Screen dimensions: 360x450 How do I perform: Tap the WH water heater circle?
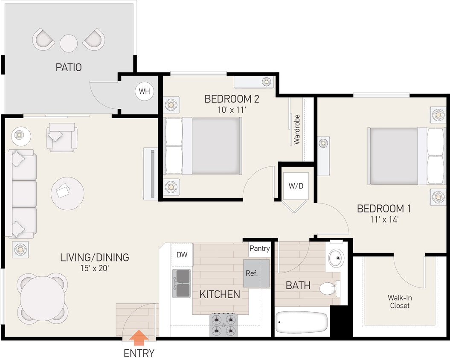coord(144,91)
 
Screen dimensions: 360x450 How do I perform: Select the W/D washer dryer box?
coord(296,186)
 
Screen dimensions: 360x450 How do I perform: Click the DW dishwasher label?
coord(182,255)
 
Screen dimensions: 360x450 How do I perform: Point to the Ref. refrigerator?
coord(256,273)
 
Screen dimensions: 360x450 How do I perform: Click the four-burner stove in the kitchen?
coord(224,325)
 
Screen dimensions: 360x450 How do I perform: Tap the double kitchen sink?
coord(182,284)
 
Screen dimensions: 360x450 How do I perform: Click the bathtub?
coord(302,323)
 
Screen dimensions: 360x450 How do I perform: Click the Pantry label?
coord(259,249)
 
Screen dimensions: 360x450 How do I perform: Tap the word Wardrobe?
coord(297,129)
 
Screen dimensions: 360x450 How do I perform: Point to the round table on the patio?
coord(69,43)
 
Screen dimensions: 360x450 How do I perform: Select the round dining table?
coord(43,297)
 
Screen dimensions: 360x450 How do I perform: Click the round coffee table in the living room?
coord(67,193)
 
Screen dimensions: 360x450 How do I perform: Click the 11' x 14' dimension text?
coord(383,220)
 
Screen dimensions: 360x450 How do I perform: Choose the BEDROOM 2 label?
coord(232,99)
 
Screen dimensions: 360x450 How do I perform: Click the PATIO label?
coord(68,67)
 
